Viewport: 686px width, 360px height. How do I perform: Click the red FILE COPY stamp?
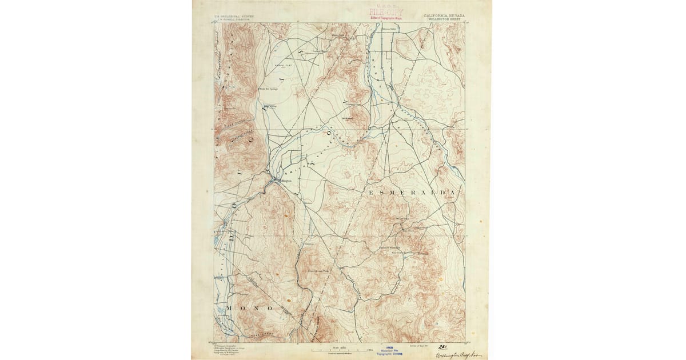point(386,11)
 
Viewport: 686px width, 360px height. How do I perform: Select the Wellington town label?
point(285,181)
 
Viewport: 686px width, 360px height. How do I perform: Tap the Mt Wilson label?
point(348,118)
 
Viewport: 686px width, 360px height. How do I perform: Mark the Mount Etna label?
point(402,218)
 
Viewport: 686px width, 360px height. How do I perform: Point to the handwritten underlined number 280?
point(443,347)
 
